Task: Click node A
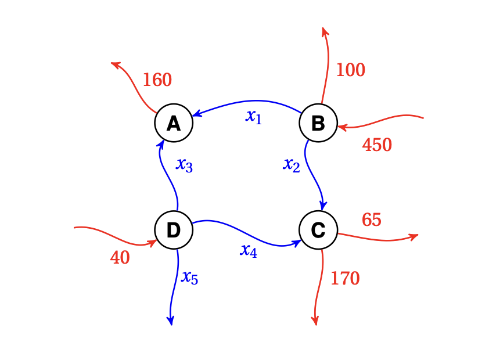[x=173, y=123]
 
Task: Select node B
[x=318, y=123]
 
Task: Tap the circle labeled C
[x=318, y=231]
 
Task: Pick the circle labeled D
[x=173, y=231]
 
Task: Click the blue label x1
[x=254, y=117]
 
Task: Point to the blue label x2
[x=292, y=165]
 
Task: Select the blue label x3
[x=184, y=165]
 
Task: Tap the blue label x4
[x=249, y=250]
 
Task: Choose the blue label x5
[x=190, y=278]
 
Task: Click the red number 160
[x=157, y=80]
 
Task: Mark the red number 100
[x=350, y=70]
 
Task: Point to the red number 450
[x=377, y=145]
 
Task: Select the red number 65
[x=371, y=220]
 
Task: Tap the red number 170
[x=345, y=279]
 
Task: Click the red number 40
[x=120, y=258]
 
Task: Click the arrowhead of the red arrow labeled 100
[x=325, y=30]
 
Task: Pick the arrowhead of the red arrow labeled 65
[x=414, y=236]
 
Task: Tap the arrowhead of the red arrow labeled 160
[x=115, y=64]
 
